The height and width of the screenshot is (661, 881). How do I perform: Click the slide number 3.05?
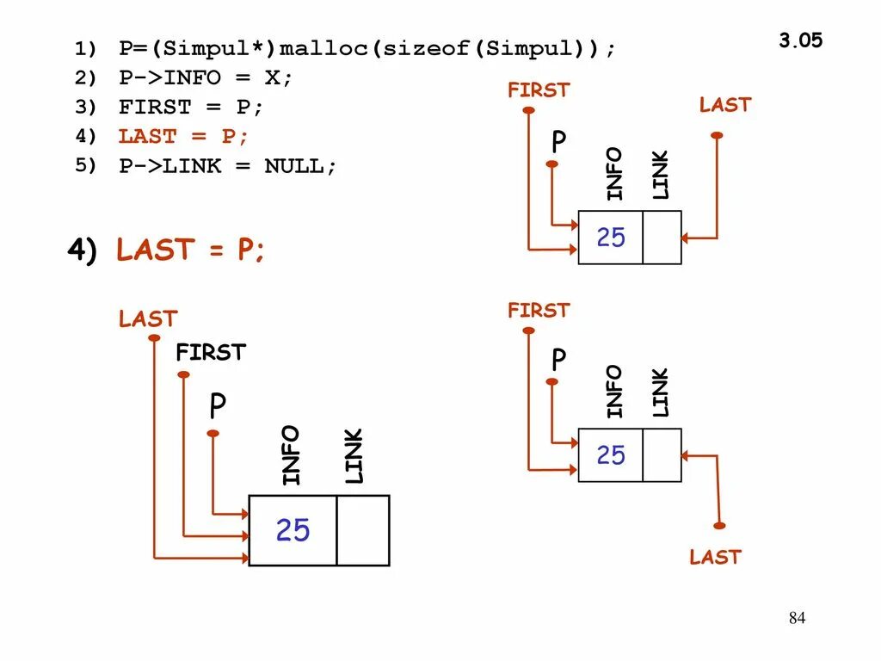tap(800, 40)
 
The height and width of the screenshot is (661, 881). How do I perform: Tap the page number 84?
tap(797, 618)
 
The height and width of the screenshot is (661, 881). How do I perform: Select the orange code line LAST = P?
tap(183, 136)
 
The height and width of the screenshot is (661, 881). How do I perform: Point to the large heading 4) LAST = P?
tap(167, 250)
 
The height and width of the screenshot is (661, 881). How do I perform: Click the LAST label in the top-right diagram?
tap(724, 105)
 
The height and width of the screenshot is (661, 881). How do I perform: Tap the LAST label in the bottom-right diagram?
tap(714, 557)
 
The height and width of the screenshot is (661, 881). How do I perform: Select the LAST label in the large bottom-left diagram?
tap(147, 319)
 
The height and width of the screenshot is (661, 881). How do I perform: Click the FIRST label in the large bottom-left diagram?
tap(210, 352)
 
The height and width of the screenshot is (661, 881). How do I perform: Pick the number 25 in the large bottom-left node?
tap(293, 531)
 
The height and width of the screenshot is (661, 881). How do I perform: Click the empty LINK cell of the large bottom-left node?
tap(362, 530)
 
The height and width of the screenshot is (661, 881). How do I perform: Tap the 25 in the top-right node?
tap(611, 238)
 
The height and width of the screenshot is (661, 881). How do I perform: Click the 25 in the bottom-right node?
tap(611, 455)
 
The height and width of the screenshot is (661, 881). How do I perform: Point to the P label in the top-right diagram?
tap(559, 143)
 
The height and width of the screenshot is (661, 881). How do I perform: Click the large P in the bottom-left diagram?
tap(218, 407)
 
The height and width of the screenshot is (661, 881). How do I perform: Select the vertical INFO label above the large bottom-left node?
tap(291, 455)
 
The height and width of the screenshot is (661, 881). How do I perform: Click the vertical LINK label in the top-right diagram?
tap(660, 175)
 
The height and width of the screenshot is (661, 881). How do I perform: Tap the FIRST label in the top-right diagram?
tap(539, 90)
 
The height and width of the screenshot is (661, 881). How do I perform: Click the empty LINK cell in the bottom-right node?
tap(662, 455)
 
